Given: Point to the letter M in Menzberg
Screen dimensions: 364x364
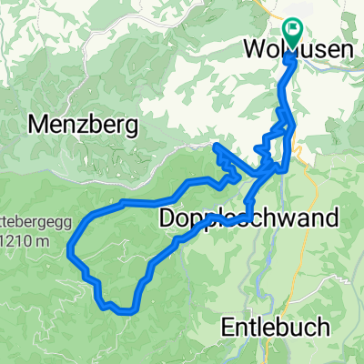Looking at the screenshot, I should [40, 121].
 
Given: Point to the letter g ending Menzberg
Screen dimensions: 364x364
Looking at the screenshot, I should [131, 123].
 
